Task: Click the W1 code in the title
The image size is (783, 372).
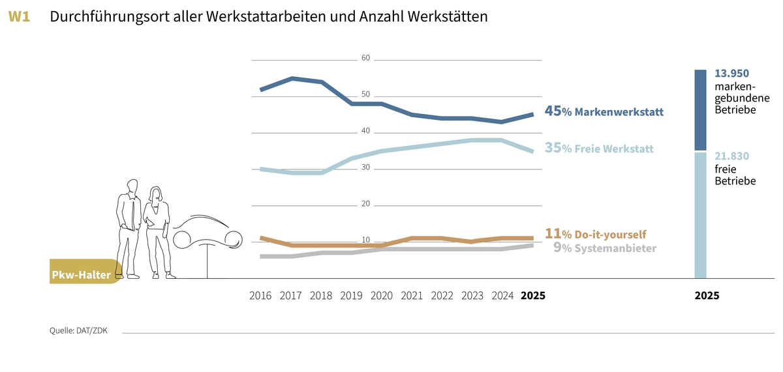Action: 19,18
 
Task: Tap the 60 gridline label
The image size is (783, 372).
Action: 365,59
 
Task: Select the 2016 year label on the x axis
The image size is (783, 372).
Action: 261,295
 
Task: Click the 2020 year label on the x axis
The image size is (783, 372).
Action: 382,295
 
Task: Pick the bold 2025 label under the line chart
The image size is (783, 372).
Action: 532,295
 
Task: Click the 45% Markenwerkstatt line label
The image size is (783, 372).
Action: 604,112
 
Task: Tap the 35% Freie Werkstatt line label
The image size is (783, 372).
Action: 598,149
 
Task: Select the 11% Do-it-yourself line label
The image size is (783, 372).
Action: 595,234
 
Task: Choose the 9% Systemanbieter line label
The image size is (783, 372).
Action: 604,248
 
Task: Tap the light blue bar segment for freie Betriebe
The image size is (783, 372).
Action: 700,215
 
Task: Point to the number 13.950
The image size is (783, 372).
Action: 731,74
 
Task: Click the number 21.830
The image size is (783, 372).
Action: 731,156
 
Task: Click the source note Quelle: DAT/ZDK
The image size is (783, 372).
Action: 78,330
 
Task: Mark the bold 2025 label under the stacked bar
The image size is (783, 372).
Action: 707,295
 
